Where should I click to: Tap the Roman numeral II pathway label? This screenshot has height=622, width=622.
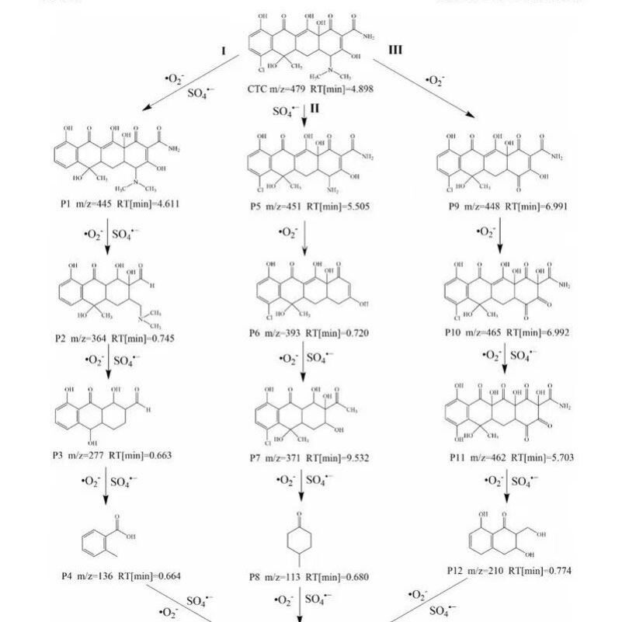pyautogui.click(x=314, y=109)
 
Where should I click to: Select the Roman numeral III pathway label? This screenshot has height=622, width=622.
pyautogui.click(x=395, y=50)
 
